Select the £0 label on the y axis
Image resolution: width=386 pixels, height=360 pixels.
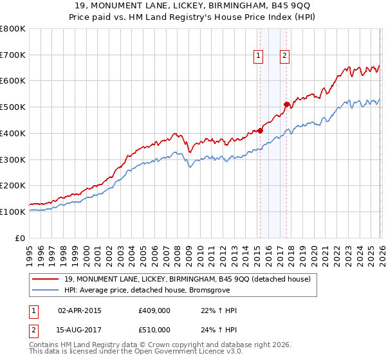click(21, 238)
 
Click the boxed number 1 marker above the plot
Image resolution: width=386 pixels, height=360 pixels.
click(259, 56)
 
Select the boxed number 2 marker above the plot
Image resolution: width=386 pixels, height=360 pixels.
click(284, 56)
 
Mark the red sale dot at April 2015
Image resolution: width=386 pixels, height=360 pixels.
click(261, 130)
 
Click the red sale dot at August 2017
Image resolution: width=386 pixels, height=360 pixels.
click(287, 104)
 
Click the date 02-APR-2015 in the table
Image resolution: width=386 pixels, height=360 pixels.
click(80, 310)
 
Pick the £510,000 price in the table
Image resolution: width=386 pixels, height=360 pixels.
click(154, 329)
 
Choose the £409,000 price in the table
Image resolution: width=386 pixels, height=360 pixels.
click(154, 310)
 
